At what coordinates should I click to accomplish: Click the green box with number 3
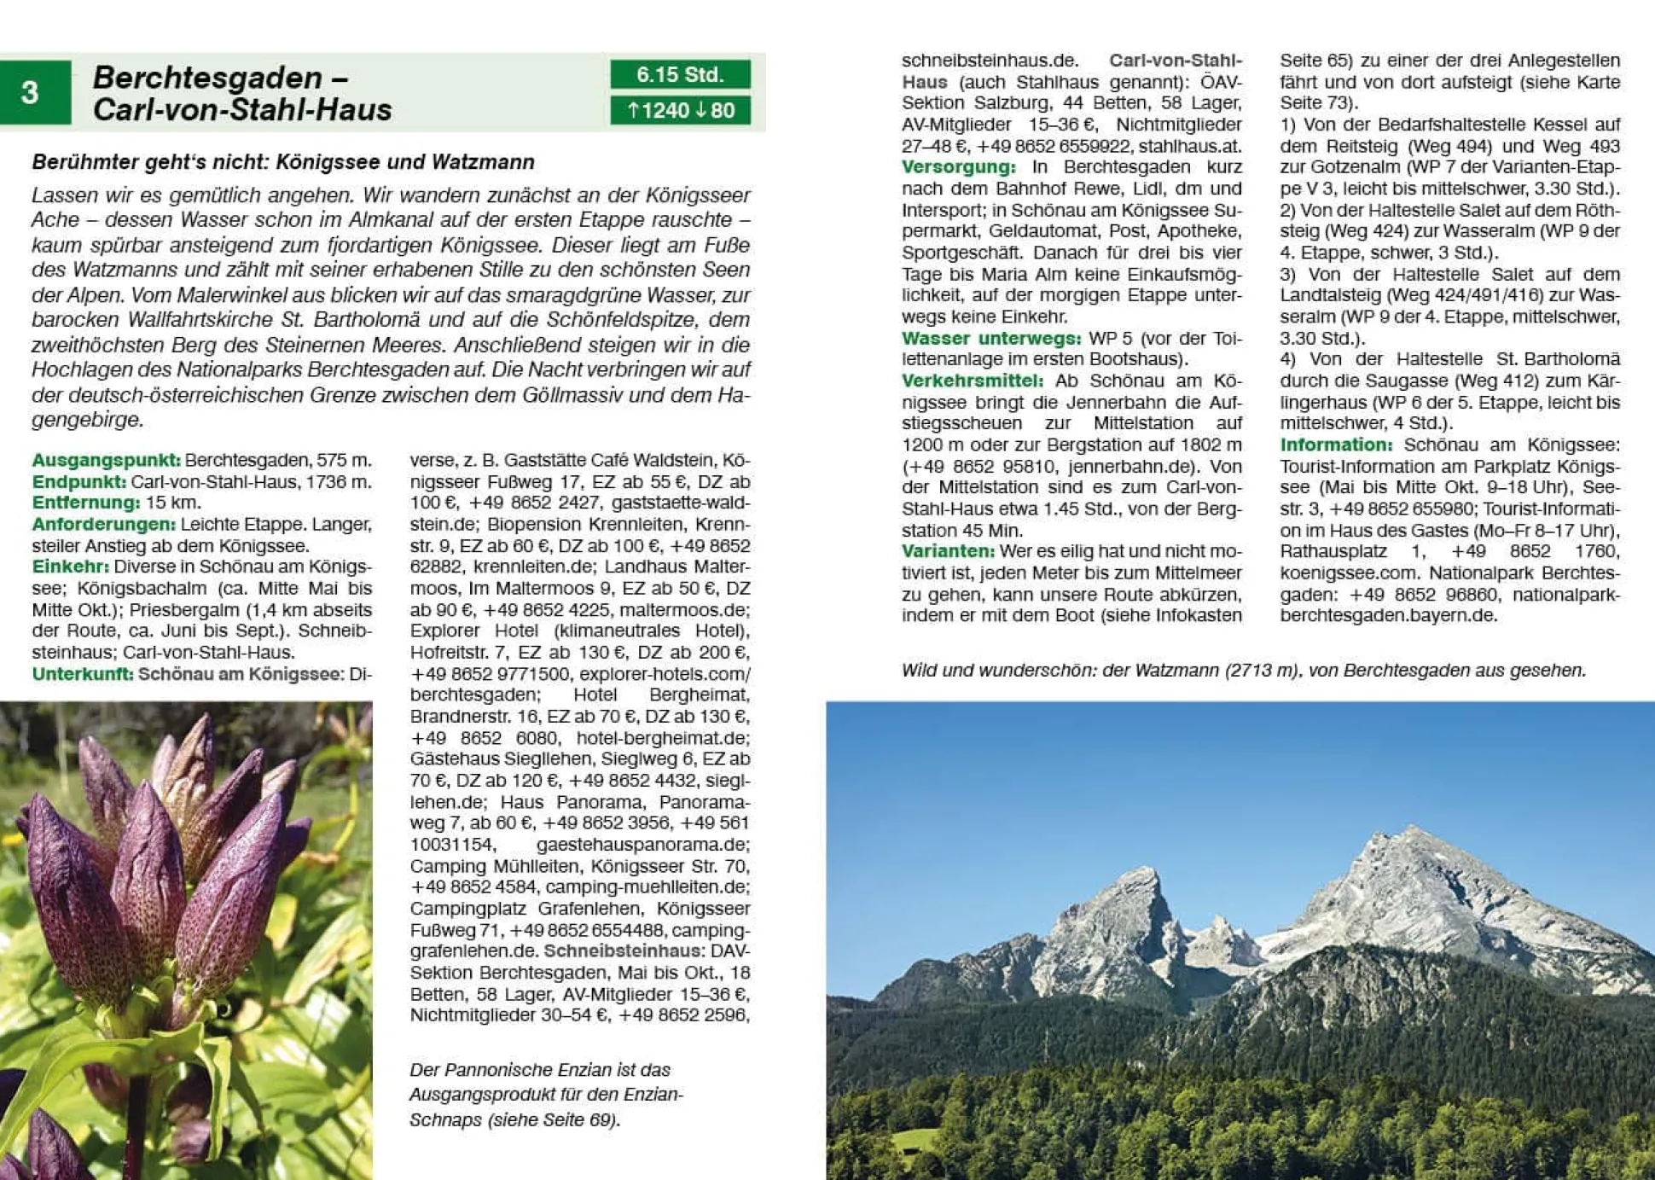click(34, 92)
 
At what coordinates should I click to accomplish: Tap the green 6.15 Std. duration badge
click(680, 74)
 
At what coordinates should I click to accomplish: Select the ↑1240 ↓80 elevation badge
click(680, 110)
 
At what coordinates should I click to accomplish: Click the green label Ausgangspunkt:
click(106, 460)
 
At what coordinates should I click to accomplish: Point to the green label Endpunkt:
click(78, 481)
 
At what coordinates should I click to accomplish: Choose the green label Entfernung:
click(85, 503)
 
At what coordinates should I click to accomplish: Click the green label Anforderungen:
click(103, 524)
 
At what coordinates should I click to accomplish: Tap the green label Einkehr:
click(70, 567)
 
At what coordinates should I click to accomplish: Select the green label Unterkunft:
click(83, 674)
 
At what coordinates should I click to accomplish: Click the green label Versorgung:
click(958, 167)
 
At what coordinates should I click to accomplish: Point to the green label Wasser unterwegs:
click(990, 339)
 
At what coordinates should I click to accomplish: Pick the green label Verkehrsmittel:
click(972, 381)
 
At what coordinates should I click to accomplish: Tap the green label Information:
click(1335, 445)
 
